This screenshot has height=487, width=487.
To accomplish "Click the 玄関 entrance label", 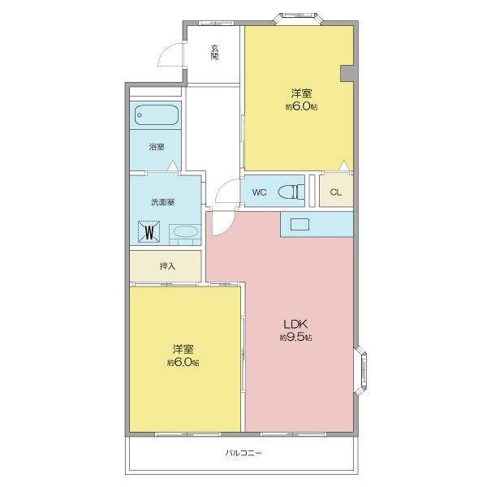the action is (214, 52).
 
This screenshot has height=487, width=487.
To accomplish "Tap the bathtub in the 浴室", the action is (157, 115).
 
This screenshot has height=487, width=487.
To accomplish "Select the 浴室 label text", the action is (157, 147).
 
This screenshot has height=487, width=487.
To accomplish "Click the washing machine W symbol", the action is (149, 231).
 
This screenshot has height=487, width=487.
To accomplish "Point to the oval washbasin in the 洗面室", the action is (186, 231).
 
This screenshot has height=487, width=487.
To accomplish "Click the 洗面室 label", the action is (163, 202).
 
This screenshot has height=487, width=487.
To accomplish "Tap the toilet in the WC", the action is (291, 192).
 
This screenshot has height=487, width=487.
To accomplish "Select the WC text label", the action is (260, 192).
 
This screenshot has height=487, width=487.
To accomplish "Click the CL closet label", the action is (336, 192).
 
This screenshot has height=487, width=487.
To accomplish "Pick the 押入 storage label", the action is (167, 266).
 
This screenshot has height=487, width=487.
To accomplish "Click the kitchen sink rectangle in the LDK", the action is (300, 224).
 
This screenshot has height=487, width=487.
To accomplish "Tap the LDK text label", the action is (295, 324).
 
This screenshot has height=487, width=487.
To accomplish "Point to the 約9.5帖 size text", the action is (295, 338).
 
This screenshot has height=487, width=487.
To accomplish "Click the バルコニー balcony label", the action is (243, 453).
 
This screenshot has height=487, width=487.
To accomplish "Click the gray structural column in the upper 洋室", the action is (348, 74).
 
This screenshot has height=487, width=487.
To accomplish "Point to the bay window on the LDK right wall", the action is (360, 370).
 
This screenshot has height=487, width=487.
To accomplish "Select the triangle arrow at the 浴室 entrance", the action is (174, 166).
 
